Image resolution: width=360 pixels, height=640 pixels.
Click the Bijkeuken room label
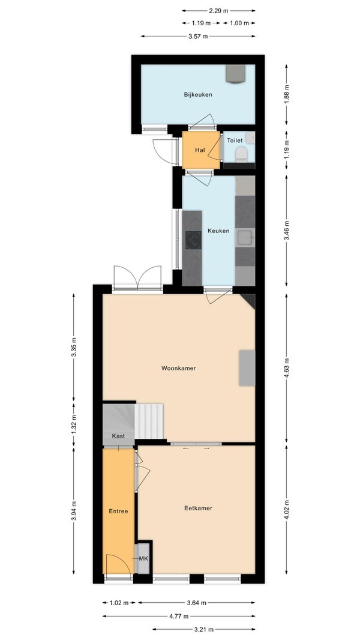198,95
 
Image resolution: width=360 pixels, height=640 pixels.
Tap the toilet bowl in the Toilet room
241,154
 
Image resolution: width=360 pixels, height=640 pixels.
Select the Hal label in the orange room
200,150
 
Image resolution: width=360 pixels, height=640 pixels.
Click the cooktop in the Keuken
193,240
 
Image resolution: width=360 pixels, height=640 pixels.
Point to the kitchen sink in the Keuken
245,237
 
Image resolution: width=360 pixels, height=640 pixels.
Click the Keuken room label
218,231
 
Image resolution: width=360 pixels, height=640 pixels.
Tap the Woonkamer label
179,368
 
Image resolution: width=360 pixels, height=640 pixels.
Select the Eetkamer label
199,509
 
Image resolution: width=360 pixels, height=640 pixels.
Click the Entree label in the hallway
118,511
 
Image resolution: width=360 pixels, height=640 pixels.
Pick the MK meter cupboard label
143,558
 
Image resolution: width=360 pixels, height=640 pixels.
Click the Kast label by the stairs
118,436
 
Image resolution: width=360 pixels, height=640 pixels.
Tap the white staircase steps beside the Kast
149,421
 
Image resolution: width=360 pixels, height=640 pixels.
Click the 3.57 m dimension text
198,37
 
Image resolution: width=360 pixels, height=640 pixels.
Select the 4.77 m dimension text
179,616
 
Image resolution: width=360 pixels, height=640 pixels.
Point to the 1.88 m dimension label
287,95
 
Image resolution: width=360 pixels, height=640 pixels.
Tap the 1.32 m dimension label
74,424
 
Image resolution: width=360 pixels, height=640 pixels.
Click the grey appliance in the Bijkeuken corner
236,73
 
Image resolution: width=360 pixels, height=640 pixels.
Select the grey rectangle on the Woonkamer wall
247,368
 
